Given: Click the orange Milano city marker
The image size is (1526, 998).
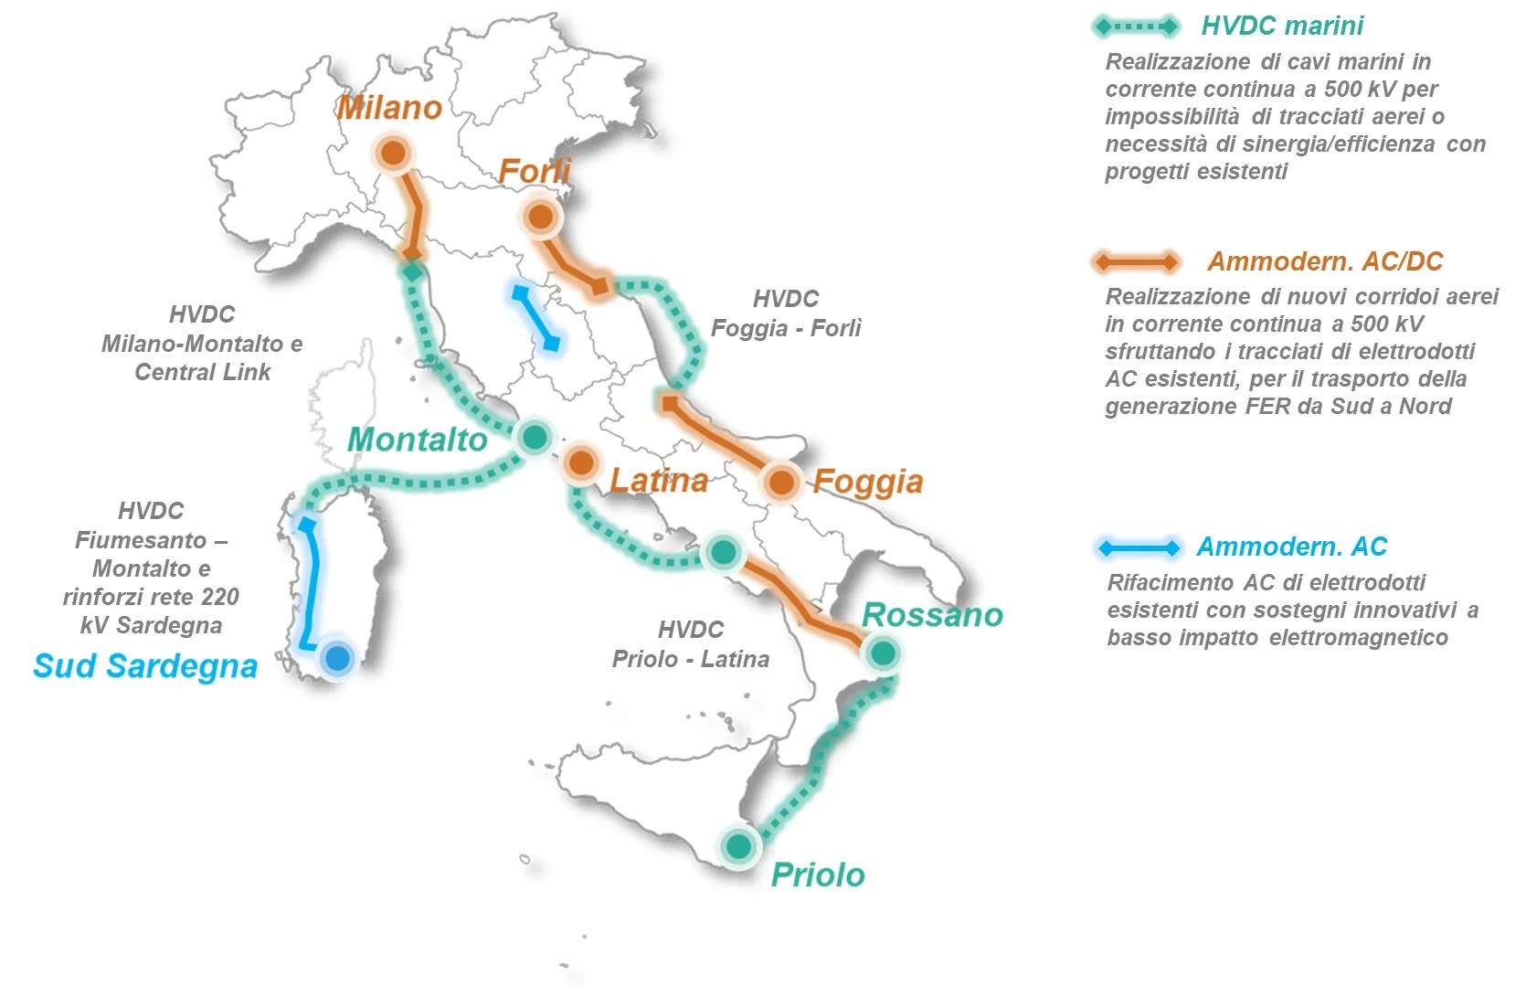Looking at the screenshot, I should (x=393, y=153).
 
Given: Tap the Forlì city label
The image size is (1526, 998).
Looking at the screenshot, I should (x=535, y=171).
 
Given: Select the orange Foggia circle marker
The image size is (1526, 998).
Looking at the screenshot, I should (x=781, y=482).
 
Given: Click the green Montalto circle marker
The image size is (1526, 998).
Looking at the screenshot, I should (x=535, y=437).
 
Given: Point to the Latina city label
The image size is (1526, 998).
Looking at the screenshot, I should (x=659, y=481).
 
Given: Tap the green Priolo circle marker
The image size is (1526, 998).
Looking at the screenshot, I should (x=738, y=846).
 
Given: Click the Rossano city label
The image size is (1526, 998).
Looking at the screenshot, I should (x=932, y=615).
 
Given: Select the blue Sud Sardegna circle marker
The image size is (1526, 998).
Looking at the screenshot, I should (x=337, y=657).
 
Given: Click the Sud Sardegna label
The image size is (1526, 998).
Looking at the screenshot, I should (x=145, y=666).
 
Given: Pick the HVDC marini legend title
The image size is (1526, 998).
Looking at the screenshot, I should (x=1282, y=26).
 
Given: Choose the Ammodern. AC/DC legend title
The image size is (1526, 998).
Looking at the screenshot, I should (x=1325, y=261).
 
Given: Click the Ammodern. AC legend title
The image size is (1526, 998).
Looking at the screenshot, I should (x=1291, y=547).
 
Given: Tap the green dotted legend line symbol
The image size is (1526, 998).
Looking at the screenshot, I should (x=1136, y=27).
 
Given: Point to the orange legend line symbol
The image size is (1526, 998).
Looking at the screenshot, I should (x=1137, y=262).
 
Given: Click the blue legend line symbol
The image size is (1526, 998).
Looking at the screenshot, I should (x=1139, y=548).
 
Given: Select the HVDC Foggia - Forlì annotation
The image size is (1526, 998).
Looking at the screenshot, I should (x=786, y=313).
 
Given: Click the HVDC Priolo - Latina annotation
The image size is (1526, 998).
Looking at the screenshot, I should (x=691, y=644).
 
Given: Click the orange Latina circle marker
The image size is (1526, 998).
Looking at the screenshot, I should (x=580, y=463).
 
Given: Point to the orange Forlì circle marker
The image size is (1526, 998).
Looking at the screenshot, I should (x=540, y=217).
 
